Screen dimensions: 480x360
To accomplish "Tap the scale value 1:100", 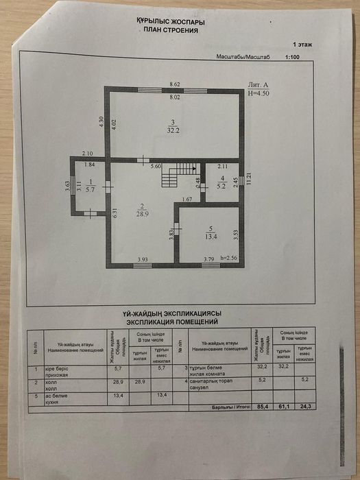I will tap(292, 58).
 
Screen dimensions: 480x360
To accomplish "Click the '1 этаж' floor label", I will tap(302, 43).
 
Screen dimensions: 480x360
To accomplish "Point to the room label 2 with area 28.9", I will tap(140, 210).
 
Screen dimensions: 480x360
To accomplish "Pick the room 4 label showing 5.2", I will tap(221, 182).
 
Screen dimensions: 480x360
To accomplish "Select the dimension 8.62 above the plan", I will tap(175, 84).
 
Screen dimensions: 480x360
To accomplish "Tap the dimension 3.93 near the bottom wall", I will tap(143, 259).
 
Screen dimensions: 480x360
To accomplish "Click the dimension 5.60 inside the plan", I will tap(156, 166).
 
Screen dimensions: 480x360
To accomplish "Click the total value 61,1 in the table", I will tap(282, 407).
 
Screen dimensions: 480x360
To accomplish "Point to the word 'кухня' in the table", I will tap(63, 402).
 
